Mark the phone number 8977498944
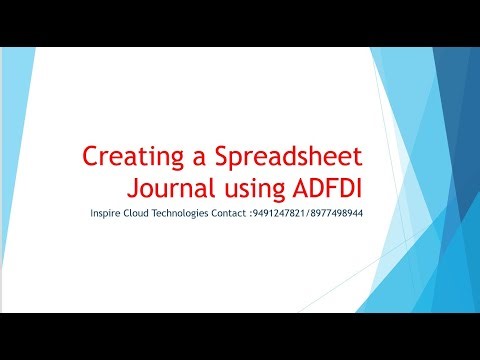pyautogui.click(x=335, y=214)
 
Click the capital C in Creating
pyautogui.click(x=89, y=157)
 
